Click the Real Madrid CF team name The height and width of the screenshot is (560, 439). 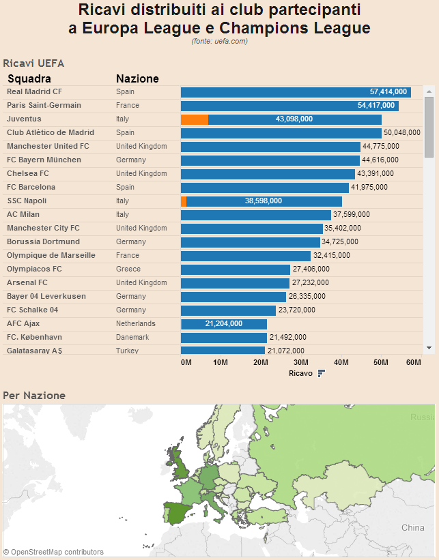(34, 91)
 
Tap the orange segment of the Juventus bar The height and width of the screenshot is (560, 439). (195, 119)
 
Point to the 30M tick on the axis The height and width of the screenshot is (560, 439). (301, 362)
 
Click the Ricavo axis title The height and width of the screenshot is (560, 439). (300, 374)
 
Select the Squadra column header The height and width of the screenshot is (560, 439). (29, 78)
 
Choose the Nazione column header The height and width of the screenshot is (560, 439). (137, 78)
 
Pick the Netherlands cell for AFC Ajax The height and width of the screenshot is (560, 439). (135, 323)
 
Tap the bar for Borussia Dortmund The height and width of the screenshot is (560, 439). (250, 242)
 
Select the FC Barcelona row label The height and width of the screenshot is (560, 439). (31, 187)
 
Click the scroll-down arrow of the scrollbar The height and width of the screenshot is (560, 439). (429, 348)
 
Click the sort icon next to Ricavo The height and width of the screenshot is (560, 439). (321, 374)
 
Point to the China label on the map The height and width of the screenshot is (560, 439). (412, 527)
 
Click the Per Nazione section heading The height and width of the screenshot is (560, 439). (34, 396)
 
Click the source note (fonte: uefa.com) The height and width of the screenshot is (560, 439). (219, 42)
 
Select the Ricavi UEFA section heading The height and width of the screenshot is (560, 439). (33, 63)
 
